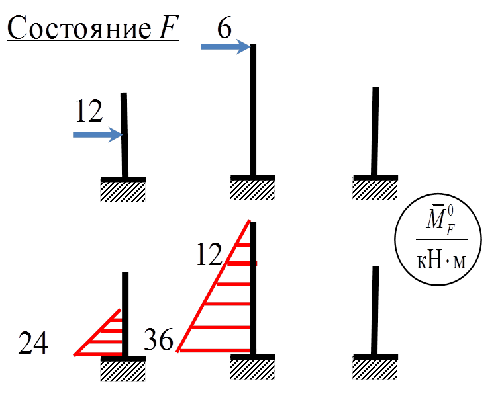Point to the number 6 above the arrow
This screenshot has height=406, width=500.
point(225,28)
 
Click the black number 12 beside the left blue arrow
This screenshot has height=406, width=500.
point(89,112)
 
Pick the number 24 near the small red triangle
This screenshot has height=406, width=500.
point(32,344)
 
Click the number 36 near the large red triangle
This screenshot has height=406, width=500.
point(159,341)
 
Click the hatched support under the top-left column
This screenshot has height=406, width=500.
point(123,190)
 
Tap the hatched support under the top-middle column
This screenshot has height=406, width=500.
point(252,188)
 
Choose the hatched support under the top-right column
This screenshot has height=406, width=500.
point(375,188)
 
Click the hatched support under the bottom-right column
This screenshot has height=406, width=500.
point(375,368)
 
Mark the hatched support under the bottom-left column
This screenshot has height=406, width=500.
point(123,370)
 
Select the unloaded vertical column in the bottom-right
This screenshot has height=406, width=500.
point(375,311)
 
